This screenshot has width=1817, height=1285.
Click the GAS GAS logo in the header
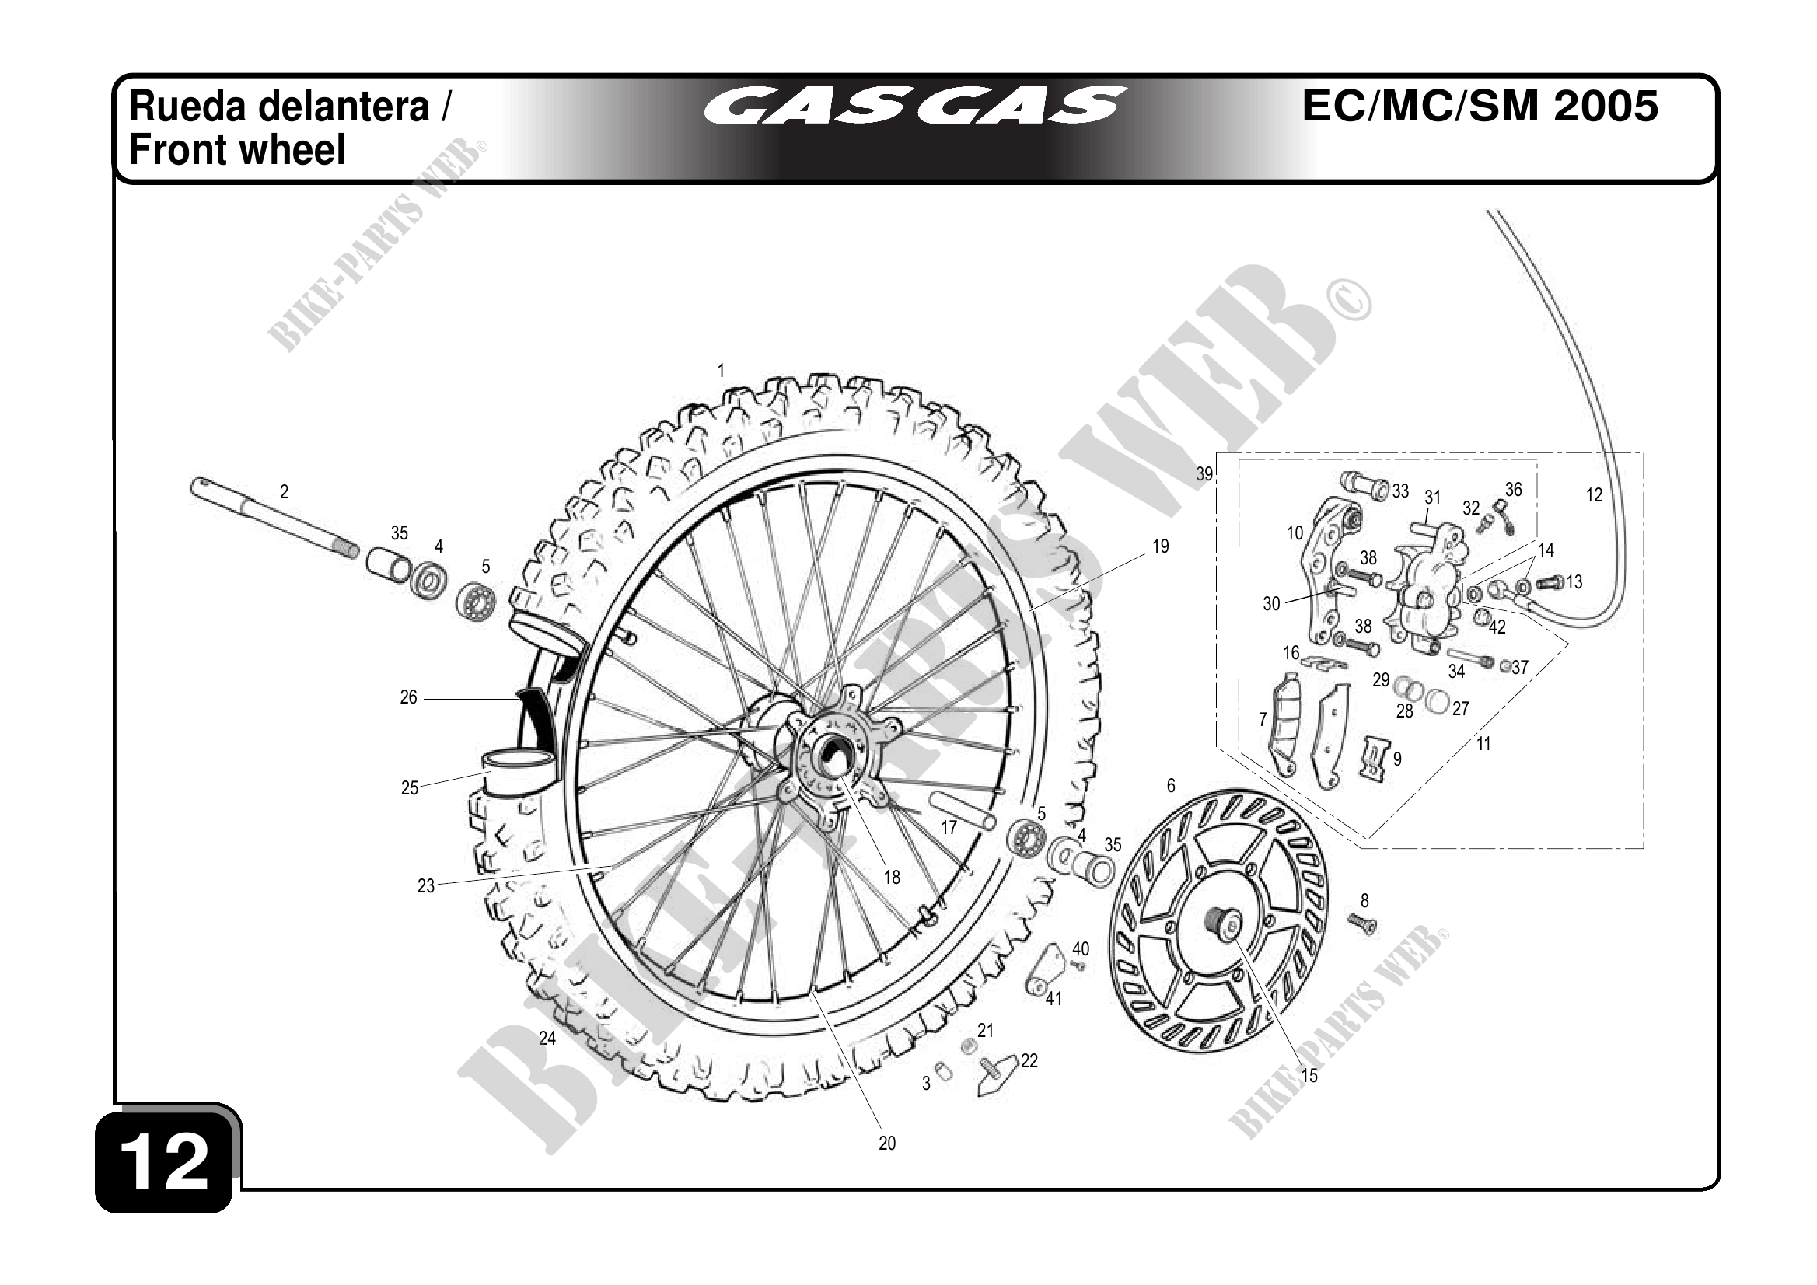pyautogui.click(x=914, y=106)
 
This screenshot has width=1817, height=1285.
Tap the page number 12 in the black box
pyautogui.click(x=165, y=1161)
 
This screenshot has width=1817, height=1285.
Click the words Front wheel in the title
pyautogui.click(x=237, y=150)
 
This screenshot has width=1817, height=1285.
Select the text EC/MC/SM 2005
pyautogui.click(x=1480, y=106)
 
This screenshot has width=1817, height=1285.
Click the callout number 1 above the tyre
pyautogui.click(x=721, y=370)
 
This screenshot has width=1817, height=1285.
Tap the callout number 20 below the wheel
pyautogui.click(x=887, y=1143)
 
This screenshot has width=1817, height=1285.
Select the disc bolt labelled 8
pyautogui.click(x=1363, y=922)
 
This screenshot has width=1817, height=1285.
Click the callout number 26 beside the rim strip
pyautogui.click(x=408, y=697)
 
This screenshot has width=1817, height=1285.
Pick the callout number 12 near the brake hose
pyautogui.click(x=1594, y=495)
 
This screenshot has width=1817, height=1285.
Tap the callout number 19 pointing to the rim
pyautogui.click(x=1160, y=546)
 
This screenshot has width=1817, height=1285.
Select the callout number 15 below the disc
pyautogui.click(x=1310, y=1075)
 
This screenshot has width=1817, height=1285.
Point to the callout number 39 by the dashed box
pyautogui.click(x=1204, y=474)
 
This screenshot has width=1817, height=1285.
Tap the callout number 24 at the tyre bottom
pyautogui.click(x=547, y=1038)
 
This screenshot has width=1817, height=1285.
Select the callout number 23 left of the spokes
pyautogui.click(x=426, y=885)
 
